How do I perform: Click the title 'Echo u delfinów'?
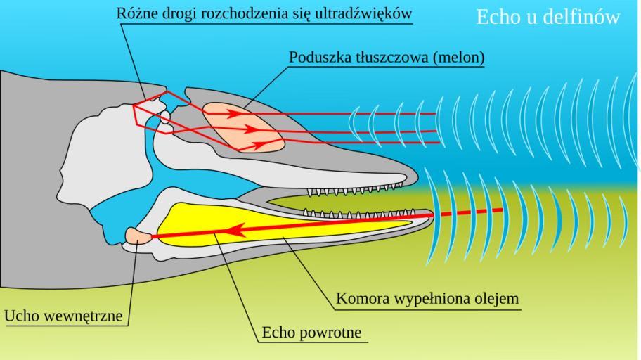point(548,17)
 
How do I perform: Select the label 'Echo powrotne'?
point(314,331)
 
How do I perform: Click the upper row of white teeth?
point(351,189)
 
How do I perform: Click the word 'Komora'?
point(357,298)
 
